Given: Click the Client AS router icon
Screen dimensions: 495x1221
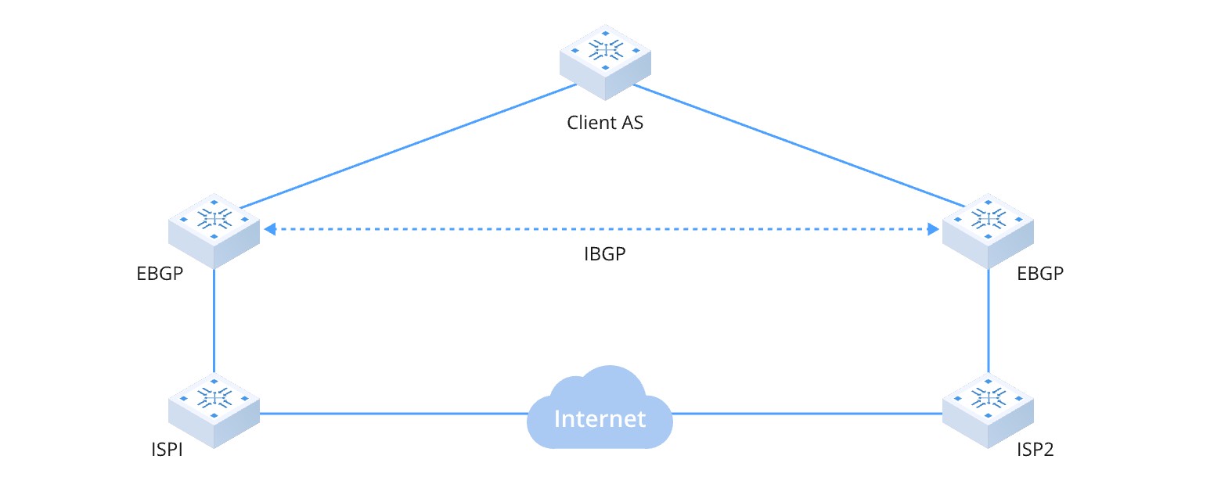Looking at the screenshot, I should click(605, 60).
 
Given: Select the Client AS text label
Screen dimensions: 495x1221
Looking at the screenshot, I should click(605, 123).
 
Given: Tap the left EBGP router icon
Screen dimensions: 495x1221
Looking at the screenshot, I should click(214, 230).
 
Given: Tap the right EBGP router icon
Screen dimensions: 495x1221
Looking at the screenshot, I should click(988, 230).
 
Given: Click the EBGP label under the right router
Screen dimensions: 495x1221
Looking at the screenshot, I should click(1040, 274).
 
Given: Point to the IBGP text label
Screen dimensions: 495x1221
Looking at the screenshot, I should click(605, 256).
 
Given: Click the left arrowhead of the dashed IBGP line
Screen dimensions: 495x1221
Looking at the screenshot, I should click(270, 229).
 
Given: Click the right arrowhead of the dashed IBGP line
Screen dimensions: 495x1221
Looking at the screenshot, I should click(933, 229).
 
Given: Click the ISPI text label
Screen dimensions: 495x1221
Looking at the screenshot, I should click(167, 450).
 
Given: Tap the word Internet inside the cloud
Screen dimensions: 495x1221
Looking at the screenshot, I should click(600, 418).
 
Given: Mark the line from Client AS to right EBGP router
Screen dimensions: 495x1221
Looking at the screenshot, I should click(798, 146).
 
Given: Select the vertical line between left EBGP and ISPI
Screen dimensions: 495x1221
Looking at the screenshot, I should click(214, 321).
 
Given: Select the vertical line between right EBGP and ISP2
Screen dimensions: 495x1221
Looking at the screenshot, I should click(988, 321).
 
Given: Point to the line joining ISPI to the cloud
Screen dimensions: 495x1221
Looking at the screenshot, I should click(391, 414).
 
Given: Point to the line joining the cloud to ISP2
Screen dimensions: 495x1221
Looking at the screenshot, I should click(806, 414).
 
